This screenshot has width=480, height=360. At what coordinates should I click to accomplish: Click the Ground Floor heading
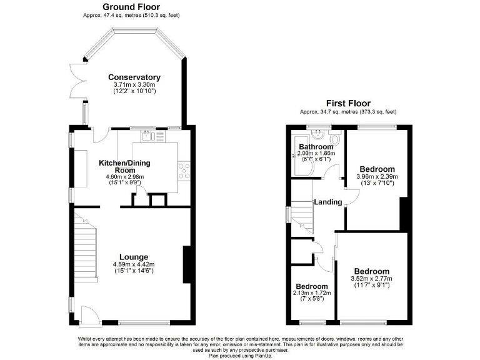tap(131, 7)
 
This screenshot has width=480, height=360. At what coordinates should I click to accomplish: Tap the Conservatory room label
tap(134, 77)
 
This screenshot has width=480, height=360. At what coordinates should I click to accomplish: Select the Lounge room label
tap(134, 257)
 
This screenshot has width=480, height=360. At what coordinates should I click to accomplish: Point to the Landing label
tap(328, 202)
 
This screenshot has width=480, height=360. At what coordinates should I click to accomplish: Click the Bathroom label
tap(316, 147)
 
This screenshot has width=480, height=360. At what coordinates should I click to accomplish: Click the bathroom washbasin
tap(319, 132)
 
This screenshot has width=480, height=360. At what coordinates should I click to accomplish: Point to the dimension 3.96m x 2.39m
tap(377, 177)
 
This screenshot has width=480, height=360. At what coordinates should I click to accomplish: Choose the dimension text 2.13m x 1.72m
tap(312, 293)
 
